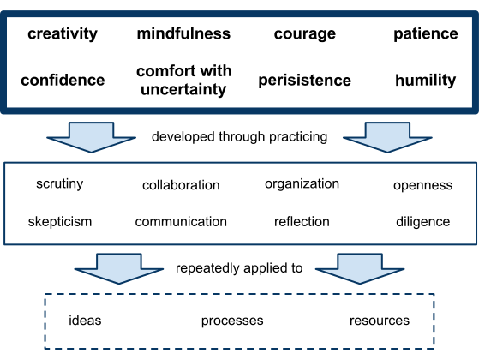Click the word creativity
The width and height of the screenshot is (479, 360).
[x=63, y=34]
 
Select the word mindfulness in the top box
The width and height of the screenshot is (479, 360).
[x=183, y=33]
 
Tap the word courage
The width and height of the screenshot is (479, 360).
[x=305, y=34]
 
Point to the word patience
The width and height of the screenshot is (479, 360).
[x=426, y=34]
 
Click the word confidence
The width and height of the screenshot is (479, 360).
[x=63, y=80]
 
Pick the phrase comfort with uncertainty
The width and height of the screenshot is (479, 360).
[x=183, y=81]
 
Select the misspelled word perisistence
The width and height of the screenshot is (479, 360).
[x=304, y=81]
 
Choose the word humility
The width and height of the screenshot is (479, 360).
[x=426, y=81]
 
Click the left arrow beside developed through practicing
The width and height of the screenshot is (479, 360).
[x=92, y=138]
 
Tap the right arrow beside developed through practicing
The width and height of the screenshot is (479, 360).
[x=387, y=138]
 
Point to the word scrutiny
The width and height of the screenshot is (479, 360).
[x=60, y=184]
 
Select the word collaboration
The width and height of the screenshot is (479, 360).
[x=181, y=185]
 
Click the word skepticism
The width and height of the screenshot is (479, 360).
[x=60, y=222]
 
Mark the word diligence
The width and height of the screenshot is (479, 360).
[x=422, y=222]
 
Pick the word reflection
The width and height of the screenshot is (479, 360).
[x=302, y=221]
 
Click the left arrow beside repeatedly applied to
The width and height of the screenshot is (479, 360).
[x=119, y=269]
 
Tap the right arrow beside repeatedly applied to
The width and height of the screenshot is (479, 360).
[x=360, y=269]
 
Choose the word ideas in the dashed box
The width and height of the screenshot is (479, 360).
[x=85, y=321]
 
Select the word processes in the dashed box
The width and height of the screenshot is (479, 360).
[x=232, y=321]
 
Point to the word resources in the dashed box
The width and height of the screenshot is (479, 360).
[x=380, y=321]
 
